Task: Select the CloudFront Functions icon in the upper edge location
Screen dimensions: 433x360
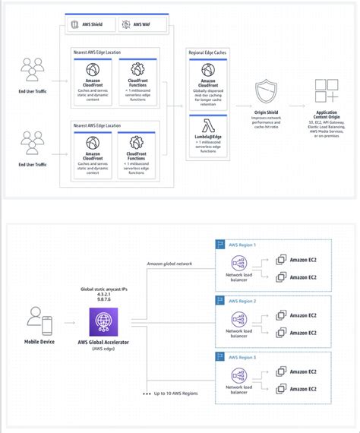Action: click(138, 70)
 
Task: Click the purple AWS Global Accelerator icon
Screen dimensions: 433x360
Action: click(101, 324)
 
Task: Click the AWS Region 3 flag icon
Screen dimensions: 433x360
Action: click(222, 356)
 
